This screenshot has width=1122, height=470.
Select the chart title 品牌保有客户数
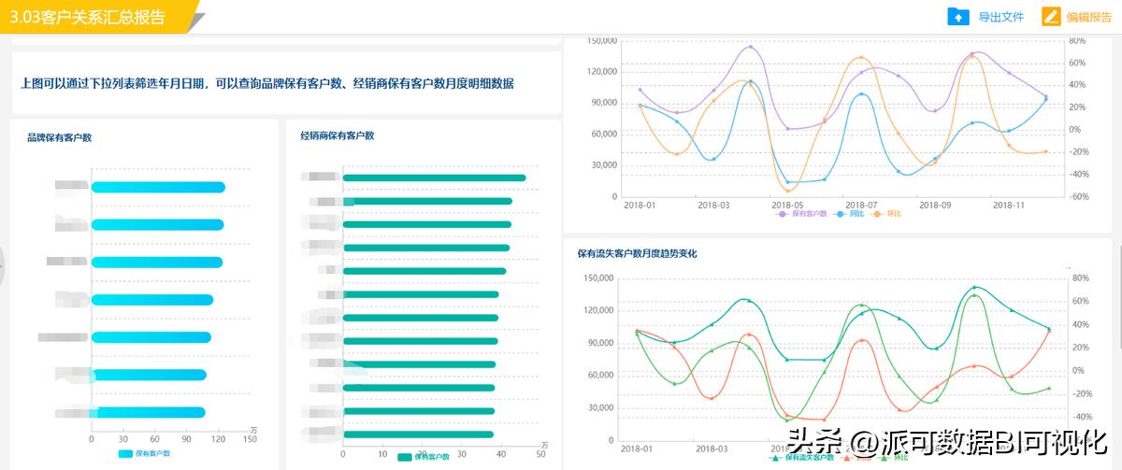click(x=59, y=137)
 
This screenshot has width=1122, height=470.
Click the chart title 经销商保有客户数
click(x=338, y=135)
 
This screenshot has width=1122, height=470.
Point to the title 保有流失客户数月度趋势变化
click(x=637, y=253)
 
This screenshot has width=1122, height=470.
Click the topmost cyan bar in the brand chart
click(x=158, y=187)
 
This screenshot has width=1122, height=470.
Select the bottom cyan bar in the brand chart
click(x=150, y=412)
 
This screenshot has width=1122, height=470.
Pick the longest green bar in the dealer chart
click(x=434, y=178)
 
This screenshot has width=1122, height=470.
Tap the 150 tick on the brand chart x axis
click(x=250, y=439)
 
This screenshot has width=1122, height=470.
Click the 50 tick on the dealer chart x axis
click(x=541, y=454)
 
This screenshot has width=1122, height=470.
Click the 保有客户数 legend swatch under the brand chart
click(x=125, y=453)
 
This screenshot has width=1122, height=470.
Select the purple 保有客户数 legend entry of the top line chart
click(x=803, y=214)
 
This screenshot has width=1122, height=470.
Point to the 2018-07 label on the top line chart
click(x=860, y=204)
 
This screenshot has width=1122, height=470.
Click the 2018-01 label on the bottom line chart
click(x=637, y=449)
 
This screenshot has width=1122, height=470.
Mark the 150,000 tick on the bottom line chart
click(x=597, y=278)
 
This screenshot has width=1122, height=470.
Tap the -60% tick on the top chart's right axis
click(x=1078, y=196)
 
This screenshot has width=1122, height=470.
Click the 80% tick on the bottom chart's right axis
click(x=1080, y=278)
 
